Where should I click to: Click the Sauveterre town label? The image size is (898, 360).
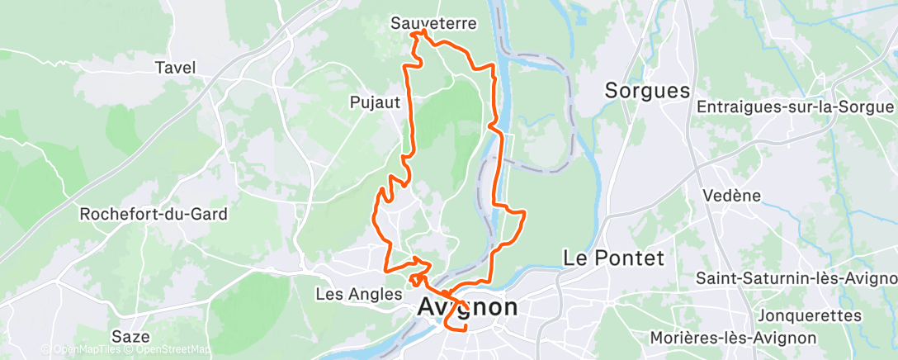433,24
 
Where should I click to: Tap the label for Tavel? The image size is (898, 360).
175,68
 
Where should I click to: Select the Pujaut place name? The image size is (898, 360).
375,102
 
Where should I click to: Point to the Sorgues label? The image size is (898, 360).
647,91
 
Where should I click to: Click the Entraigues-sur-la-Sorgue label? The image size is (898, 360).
796,108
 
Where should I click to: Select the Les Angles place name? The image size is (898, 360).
358,294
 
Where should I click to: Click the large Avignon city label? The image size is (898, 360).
469,307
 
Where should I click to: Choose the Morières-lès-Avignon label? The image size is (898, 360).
733,338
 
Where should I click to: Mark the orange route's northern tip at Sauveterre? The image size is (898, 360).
423,31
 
